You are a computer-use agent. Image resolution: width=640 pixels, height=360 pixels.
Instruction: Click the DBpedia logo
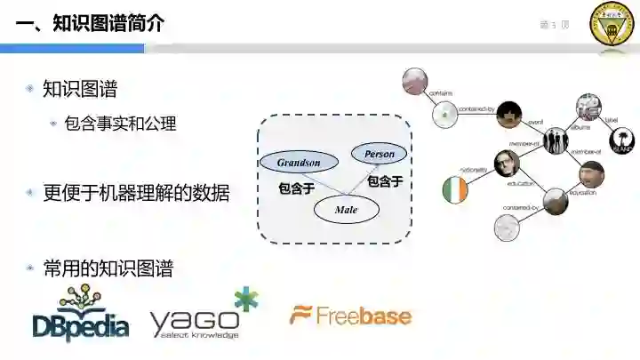pyautogui.click(x=81, y=315)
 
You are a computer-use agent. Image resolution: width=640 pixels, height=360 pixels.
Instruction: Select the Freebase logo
pyautogui.click(x=350, y=316)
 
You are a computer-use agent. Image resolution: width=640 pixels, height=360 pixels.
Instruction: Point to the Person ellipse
pyautogui.click(x=379, y=155)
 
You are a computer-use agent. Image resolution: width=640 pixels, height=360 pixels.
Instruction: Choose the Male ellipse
pyautogui.click(x=347, y=209)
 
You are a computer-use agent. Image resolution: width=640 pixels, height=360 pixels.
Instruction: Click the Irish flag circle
pyautogui.click(x=454, y=189)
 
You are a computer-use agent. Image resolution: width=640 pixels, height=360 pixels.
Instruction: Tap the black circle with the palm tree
pyautogui.click(x=621, y=140)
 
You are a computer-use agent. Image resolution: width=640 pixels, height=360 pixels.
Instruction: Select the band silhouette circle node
pyautogui.click(x=556, y=140)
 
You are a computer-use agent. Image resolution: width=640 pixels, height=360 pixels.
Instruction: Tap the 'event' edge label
pyautogui.click(x=535, y=121)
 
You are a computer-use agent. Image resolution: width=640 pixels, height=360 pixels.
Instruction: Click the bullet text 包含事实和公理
pyautogui.click(x=120, y=124)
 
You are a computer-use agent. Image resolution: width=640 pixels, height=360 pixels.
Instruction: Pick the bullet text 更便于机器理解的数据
pyautogui.click(x=136, y=192)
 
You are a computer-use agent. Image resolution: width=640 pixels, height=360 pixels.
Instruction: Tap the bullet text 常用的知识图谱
pyautogui.click(x=108, y=268)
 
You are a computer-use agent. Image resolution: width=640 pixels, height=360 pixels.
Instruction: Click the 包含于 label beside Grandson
pyautogui.click(x=297, y=188)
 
